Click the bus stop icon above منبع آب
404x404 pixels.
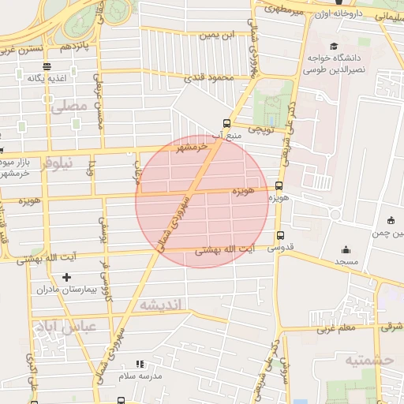[x=227, y=123]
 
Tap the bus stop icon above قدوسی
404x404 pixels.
[x=280, y=235]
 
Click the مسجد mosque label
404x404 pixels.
[x=346, y=260]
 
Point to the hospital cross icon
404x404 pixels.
[x=66, y=277]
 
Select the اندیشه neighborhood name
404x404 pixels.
[x=160, y=305]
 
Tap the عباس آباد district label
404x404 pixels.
[x=63, y=325]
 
